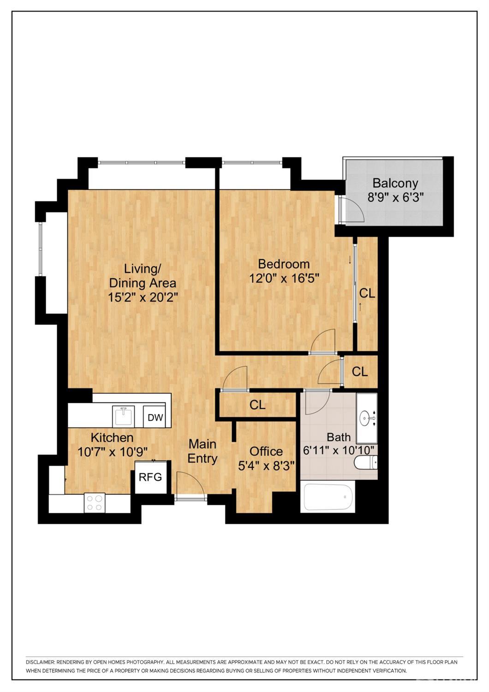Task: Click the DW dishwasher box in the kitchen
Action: (x=155, y=418)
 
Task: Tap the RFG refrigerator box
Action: (x=151, y=477)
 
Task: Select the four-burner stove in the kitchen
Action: (x=95, y=503)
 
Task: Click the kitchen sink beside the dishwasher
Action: (x=124, y=416)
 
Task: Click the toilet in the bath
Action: (x=367, y=462)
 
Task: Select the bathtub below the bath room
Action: (x=328, y=497)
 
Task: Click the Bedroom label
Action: (x=284, y=264)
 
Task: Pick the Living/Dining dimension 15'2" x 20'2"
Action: (x=143, y=297)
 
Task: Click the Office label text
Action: (x=266, y=451)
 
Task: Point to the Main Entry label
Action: (x=203, y=451)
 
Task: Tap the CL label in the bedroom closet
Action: (x=367, y=293)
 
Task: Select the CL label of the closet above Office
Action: (x=257, y=405)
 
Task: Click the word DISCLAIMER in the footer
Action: (x=40, y=662)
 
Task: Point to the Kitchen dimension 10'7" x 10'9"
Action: (x=113, y=452)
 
